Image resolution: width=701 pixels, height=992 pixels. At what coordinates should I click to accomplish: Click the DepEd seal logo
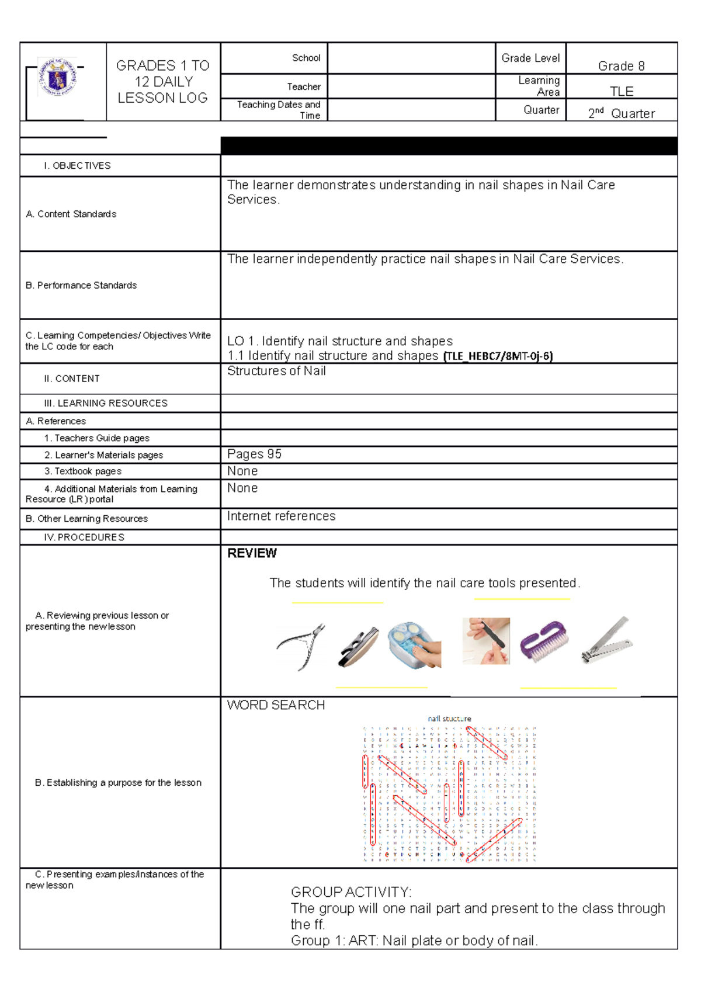(57, 77)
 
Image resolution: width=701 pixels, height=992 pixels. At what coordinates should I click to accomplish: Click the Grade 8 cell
(621, 66)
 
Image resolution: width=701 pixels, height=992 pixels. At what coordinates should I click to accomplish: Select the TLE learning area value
(622, 91)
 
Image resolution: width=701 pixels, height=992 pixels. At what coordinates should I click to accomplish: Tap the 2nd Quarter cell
(621, 113)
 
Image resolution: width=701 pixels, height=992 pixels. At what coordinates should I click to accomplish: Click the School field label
(306, 58)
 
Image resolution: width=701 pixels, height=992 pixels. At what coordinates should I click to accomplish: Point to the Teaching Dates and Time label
(279, 110)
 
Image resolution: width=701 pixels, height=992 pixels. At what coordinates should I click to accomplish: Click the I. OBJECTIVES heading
(77, 166)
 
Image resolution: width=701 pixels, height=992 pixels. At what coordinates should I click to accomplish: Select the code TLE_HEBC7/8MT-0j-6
(498, 356)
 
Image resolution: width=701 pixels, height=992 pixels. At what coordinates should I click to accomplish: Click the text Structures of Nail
(276, 371)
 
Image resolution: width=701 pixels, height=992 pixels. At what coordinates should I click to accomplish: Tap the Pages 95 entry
(254, 454)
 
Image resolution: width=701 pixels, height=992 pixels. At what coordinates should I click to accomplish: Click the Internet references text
(281, 516)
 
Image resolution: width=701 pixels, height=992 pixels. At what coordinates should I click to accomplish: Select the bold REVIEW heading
(252, 553)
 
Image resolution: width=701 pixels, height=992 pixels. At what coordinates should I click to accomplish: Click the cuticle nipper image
(301, 646)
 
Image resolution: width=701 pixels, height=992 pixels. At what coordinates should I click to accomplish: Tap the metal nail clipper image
(607, 641)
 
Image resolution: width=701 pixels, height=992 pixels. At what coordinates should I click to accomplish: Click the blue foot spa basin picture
(414, 644)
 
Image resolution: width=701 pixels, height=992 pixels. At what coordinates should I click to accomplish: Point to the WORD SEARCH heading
(276, 705)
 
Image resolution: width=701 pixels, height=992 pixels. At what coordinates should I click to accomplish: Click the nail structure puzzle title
(449, 719)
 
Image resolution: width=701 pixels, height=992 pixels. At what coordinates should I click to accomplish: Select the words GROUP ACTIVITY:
(351, 892)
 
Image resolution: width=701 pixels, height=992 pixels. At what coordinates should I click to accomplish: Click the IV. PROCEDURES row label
(84, 537)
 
